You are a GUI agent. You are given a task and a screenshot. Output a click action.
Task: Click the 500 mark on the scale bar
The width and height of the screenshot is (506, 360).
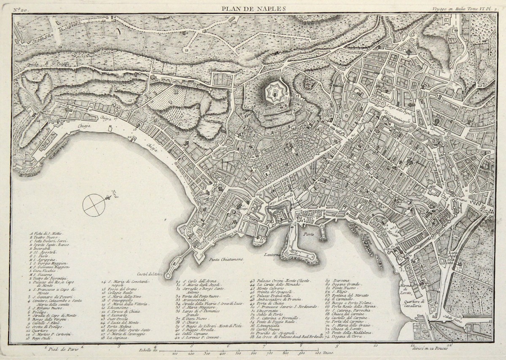click(238, 353)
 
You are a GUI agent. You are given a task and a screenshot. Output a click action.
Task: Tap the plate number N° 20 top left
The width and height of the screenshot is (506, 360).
click(19, 8)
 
